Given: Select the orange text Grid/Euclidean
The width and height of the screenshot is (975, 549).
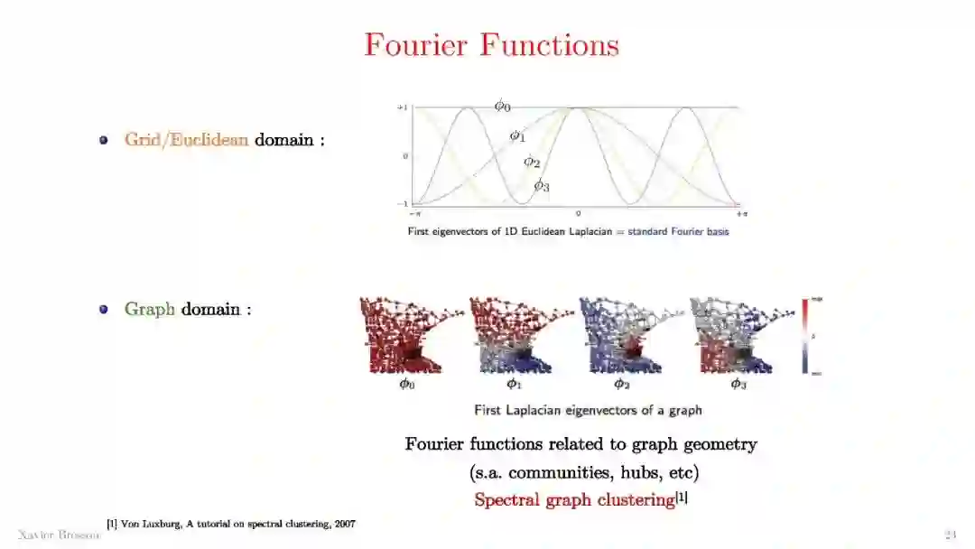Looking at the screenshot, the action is (186, 141).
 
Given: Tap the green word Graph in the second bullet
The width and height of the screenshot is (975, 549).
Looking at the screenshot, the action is (149, 309).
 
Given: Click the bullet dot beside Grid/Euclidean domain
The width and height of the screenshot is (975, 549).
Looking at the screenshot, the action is (104, 141).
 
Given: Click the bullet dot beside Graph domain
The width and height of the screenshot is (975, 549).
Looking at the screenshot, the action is (104, 309).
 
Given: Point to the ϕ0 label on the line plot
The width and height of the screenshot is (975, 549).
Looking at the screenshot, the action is (502, 106).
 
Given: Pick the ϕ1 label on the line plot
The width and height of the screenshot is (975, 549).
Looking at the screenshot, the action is (517, 136).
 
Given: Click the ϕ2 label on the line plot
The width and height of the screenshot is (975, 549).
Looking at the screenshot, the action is (532, 163).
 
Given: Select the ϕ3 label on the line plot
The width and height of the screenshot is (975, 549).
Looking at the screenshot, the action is (541, 186).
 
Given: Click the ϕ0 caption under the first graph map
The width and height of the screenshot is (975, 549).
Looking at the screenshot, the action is (407, 384).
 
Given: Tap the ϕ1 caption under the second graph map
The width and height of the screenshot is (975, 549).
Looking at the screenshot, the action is (514, 384).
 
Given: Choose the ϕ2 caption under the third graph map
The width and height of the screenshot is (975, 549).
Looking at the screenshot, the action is (622, 384).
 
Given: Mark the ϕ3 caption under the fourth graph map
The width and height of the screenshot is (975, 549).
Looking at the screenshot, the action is (738, 384).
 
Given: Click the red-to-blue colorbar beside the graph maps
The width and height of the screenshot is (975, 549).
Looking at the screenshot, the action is (804, 335).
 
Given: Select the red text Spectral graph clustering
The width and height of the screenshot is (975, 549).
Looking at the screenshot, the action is (575, 499).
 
